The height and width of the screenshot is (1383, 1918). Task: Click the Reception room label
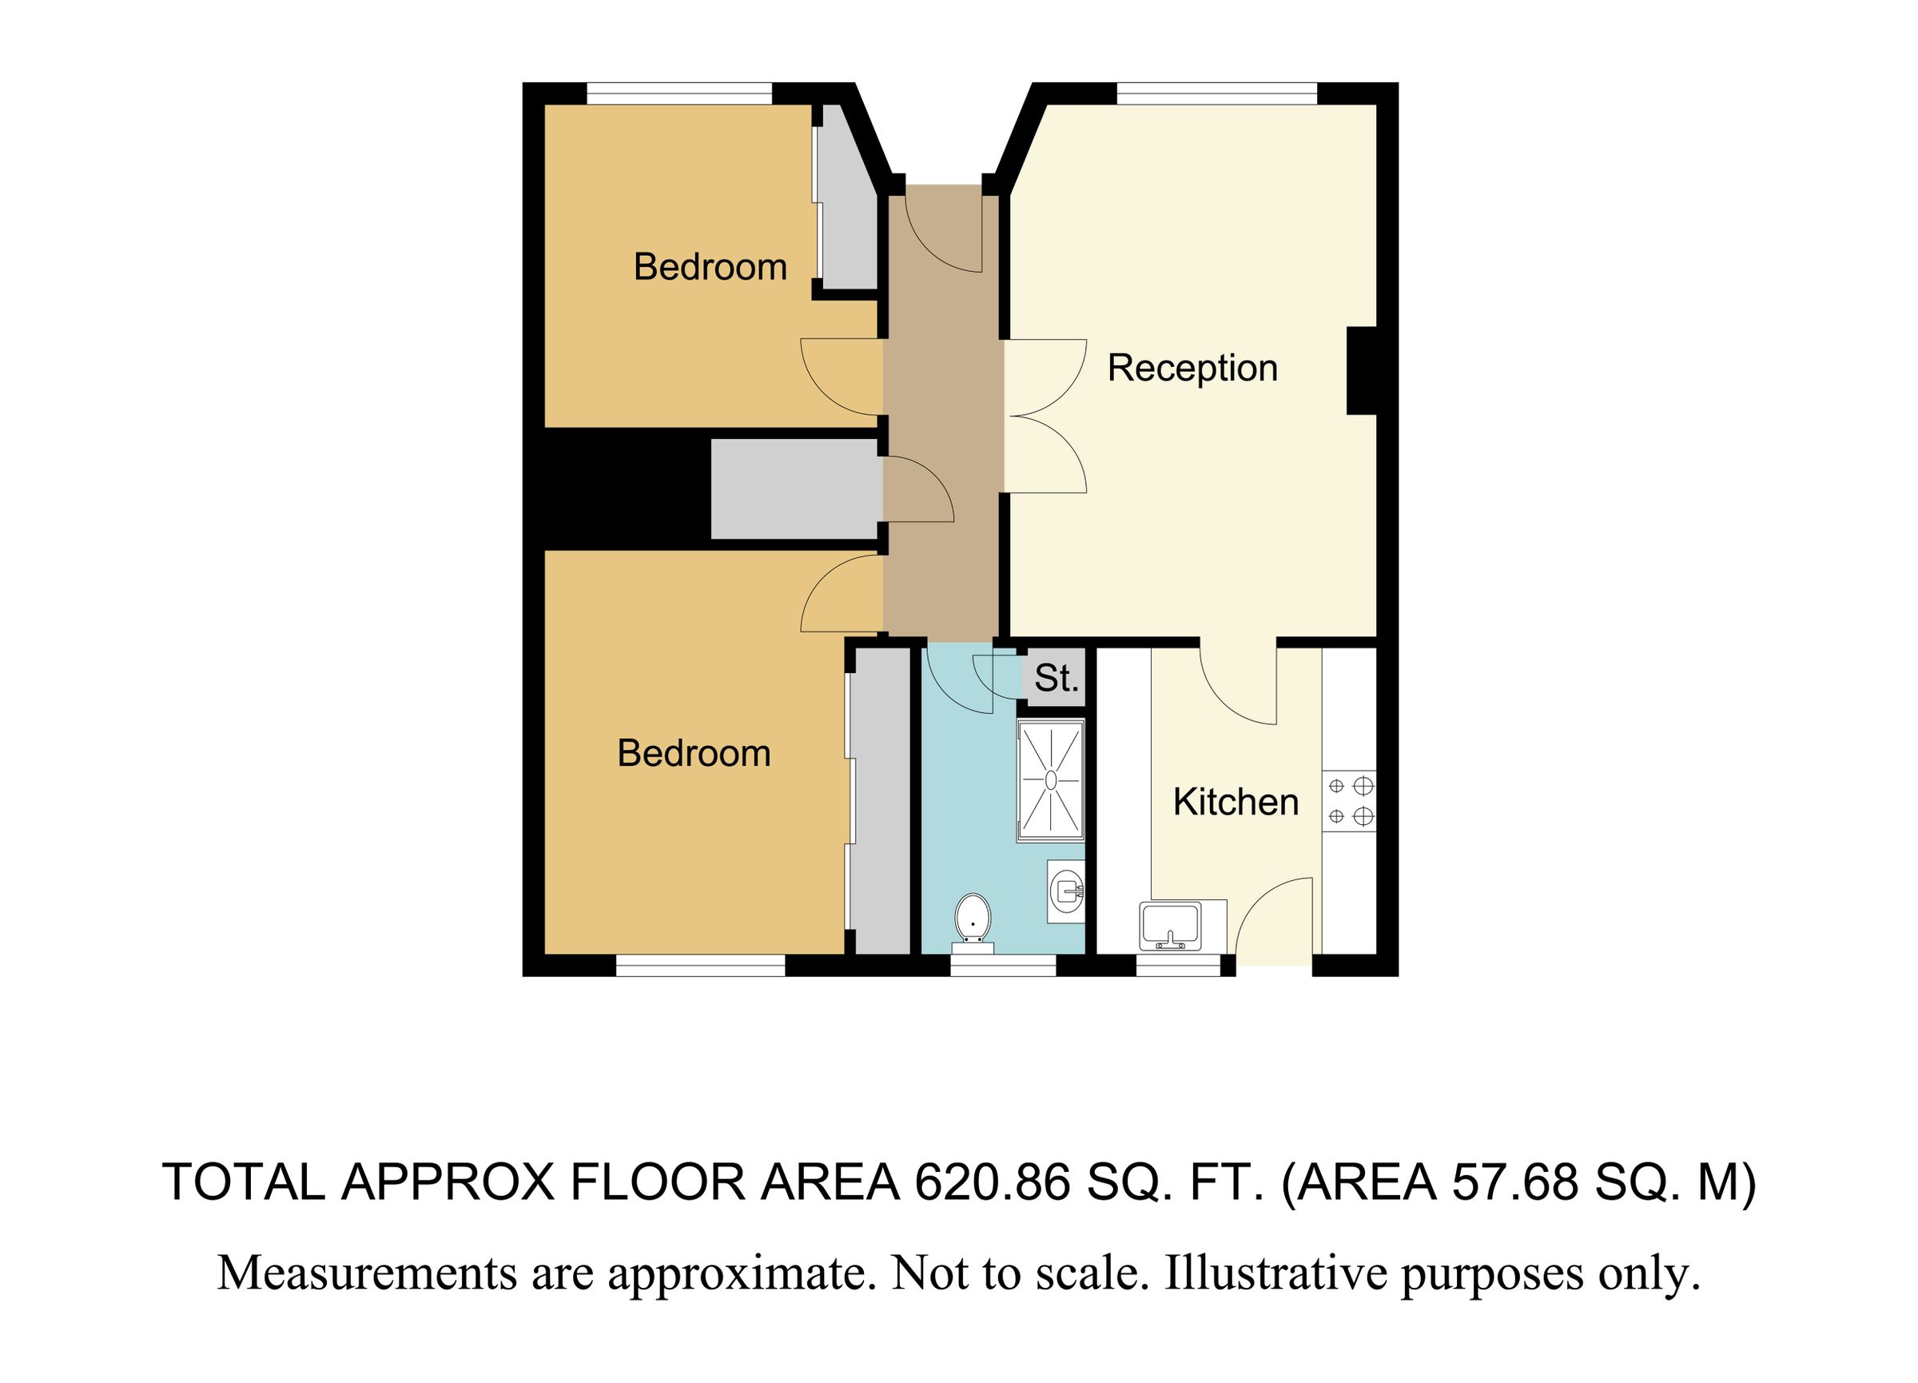[1192, 369]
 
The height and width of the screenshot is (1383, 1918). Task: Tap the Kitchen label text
[1236, 803]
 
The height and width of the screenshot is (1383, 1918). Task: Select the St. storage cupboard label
[1056, 680]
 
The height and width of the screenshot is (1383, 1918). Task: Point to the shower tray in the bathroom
[1050, 780]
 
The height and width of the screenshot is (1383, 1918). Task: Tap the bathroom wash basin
[1065, 891]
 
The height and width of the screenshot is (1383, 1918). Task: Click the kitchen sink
[1171, 926]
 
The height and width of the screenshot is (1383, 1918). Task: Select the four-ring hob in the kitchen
[1349, 801]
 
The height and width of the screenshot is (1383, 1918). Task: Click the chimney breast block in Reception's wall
[1361, 370]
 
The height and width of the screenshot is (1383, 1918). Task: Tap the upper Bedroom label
[710, 268]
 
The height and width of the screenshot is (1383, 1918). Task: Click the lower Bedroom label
[694, 754]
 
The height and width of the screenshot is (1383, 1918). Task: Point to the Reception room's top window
[1216, 93]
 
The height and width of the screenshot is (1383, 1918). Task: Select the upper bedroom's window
[680, 93]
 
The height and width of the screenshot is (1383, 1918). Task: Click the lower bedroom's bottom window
[700, 966]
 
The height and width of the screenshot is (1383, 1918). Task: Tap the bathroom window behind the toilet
[1003, 965]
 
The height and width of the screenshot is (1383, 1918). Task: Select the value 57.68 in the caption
[1514, 1182]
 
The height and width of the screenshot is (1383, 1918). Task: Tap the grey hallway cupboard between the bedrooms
[795, 489]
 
